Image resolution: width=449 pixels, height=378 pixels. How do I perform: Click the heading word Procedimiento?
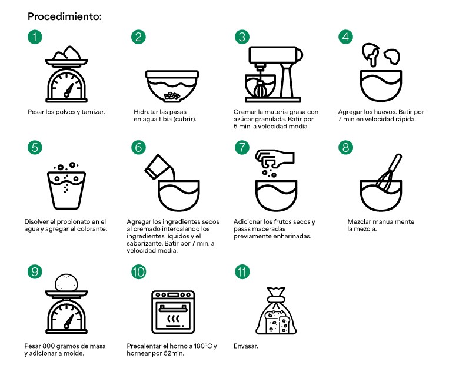63,16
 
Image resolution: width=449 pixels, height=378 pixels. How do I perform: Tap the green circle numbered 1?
35,37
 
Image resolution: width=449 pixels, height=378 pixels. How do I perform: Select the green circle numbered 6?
139,148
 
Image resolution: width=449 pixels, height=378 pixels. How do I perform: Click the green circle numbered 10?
139,272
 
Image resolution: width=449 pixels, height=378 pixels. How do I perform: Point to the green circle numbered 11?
242,272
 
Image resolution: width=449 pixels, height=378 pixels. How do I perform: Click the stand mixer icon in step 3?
274,74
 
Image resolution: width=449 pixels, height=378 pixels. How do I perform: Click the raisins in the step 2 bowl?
172,96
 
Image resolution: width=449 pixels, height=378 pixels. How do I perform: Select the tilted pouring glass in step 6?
158,167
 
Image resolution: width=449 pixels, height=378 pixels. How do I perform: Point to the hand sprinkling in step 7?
274,159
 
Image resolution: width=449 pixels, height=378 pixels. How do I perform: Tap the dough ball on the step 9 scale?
66,283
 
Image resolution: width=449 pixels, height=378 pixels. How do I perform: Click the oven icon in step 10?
173,312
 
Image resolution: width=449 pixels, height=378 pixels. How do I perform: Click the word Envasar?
246,346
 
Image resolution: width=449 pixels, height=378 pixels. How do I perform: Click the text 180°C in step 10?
203,346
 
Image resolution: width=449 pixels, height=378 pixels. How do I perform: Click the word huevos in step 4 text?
386,112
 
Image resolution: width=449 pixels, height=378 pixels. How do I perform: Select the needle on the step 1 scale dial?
69,90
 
